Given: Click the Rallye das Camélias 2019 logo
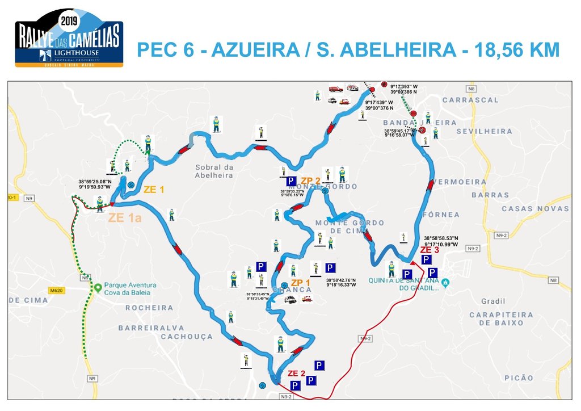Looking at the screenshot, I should coord(68,37).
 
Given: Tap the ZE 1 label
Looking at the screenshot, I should coord(154,190).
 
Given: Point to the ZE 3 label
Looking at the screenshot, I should coord(430,250).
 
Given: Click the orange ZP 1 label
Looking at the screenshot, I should coord(300,282).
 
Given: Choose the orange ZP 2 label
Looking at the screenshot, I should coord(310,180).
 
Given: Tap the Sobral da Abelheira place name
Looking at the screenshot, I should coord(214,171).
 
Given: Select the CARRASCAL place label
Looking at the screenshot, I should coord(470,100).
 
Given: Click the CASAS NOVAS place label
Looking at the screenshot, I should coord(535,209).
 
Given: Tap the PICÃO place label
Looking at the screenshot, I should coord(519,378).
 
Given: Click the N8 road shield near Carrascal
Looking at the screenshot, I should coord(470,89).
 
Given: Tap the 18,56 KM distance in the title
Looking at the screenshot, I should coord(512,50).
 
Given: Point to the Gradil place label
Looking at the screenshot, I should coord(493,301).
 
